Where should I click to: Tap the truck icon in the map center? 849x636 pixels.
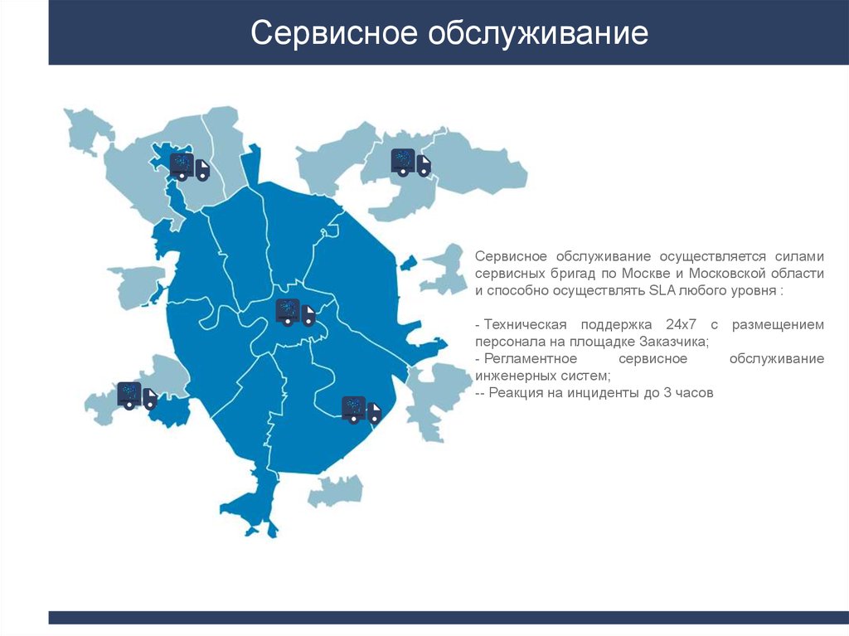295,313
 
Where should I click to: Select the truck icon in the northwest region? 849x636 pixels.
190,166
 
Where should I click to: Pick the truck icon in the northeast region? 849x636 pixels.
410,163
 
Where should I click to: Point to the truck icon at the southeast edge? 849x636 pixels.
361,410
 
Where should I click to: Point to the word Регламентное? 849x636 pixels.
532,358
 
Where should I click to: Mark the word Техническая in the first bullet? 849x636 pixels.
525,324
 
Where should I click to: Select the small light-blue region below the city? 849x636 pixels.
335,491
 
